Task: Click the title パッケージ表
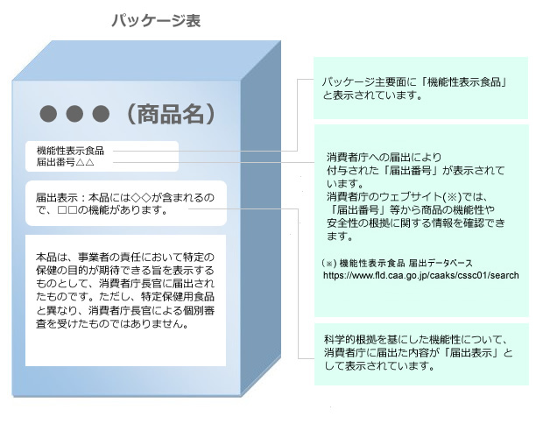(x=156, y=21)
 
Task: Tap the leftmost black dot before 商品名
(x=48, y=114)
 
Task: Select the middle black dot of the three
(x=74, y=114)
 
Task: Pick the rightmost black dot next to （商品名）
(x=101, y=114)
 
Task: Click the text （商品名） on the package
(x=171, y=114)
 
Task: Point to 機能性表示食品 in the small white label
(x=70, y=151)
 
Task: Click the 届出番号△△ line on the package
(x=66, y=162)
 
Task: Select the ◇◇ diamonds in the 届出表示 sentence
(x=141, y=198)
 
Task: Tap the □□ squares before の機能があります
(x=67, y=210)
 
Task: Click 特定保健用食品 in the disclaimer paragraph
(x=178, y=297)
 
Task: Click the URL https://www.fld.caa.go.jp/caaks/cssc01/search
(x=420, y=276)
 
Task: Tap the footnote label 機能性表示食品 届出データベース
(x=405, y=264)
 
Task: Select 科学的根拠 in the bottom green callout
(x=350, y=340)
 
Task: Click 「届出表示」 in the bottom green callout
(x=472, y=353)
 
